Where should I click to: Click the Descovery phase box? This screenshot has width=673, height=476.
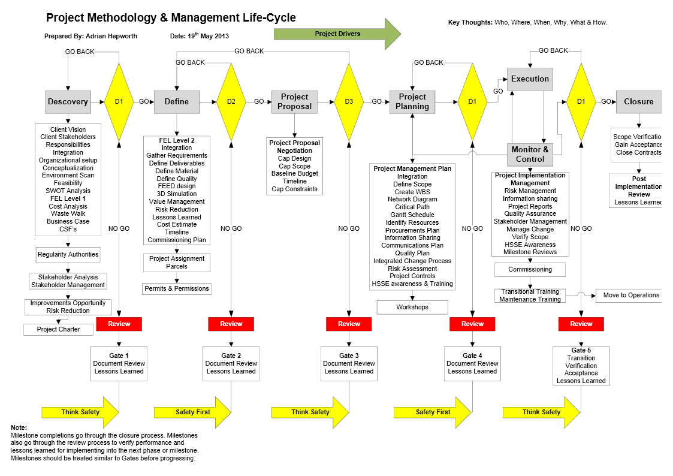[68, 102]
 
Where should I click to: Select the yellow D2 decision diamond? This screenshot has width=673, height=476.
[231, 102]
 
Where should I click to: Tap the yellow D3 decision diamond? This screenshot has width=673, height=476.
[349, 102]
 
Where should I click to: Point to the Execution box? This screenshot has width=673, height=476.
[530, 79]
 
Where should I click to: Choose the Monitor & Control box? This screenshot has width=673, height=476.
[530, 155]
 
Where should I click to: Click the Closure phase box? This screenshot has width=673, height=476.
[638, 102]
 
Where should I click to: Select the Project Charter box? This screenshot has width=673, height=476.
[59, 329]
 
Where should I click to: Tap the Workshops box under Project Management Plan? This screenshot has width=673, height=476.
[412, 307]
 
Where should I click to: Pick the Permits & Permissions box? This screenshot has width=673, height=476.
[177, 288]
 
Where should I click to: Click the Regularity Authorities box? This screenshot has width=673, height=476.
[68, 254]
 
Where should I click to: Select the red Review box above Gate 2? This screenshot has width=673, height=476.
[231, 324]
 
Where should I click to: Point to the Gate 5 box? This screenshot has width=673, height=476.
[581, 365]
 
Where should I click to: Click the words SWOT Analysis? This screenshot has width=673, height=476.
[68, 191]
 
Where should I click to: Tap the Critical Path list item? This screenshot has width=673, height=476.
[412, 207]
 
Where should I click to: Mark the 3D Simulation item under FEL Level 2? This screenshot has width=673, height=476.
[177, 194]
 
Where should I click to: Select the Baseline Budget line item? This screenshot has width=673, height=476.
[294, 173]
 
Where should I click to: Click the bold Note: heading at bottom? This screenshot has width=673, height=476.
[19, 427]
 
